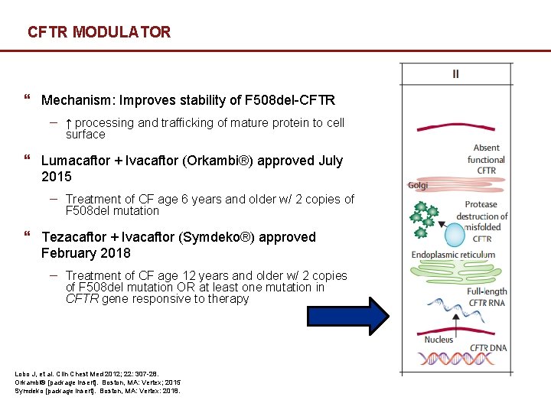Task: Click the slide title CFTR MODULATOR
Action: [x=99, y=32]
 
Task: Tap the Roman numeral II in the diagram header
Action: [x=456, y=74]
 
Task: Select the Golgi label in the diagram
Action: [x=418, y=185]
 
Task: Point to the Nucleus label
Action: [x=439, y=339]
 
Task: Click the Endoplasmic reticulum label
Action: [x=453, y=255]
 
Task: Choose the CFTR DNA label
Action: [x=489, y=348]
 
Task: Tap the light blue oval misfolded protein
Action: [x=455, y=235]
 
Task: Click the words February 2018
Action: [x=86, y=253]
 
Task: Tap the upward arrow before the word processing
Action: [x=69, y=123]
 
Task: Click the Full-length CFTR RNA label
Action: [x=487, y=297]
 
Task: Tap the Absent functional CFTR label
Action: [x=486, y=159]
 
